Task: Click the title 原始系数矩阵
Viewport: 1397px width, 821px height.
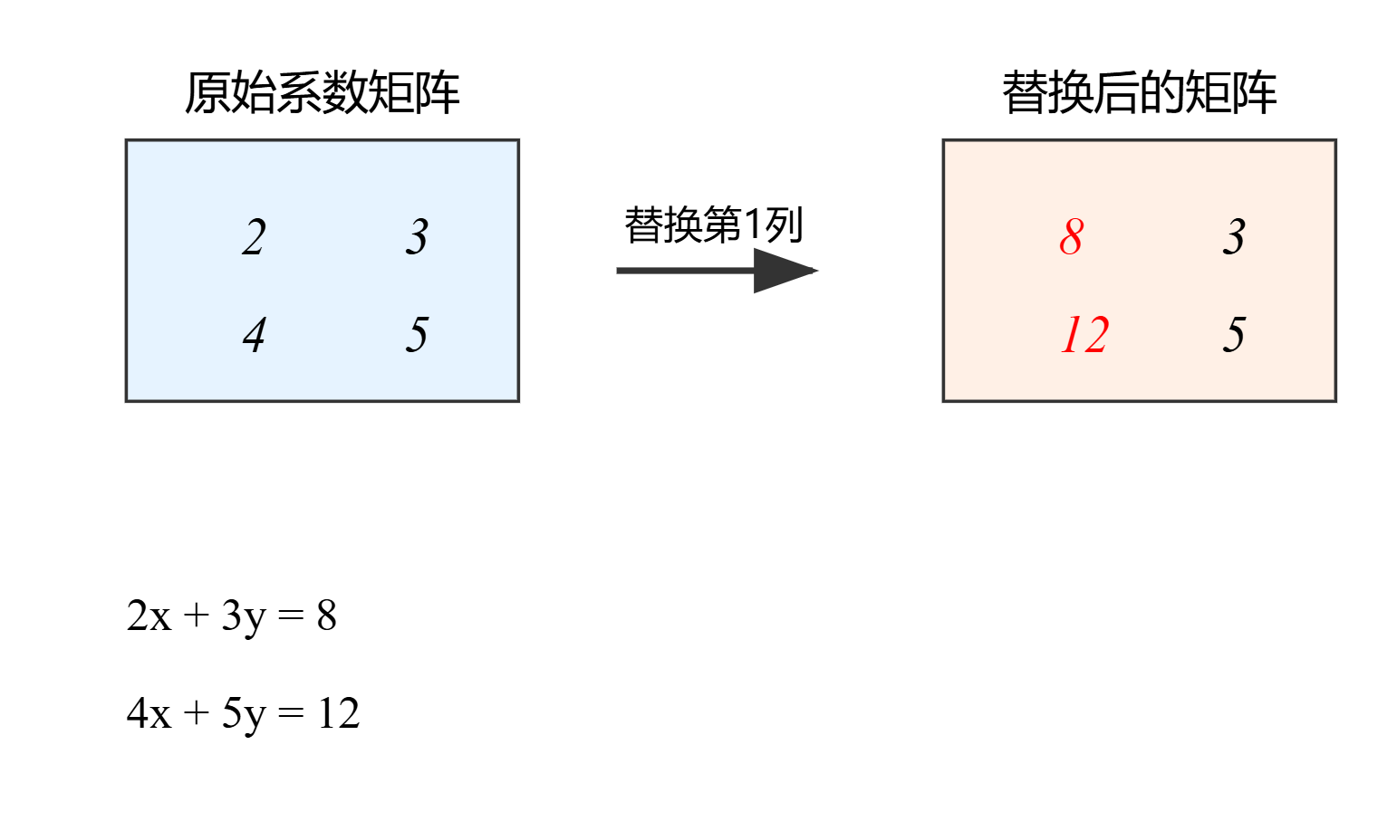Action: click(322, 93)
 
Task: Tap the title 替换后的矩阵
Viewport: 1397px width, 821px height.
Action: click(1139, 93)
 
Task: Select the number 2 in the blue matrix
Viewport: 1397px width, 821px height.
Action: click(254, 237)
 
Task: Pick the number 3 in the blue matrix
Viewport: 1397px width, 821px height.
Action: click(416, 237)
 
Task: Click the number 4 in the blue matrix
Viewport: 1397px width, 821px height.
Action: click(254, 335)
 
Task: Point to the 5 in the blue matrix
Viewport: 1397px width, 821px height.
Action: click(416, 335)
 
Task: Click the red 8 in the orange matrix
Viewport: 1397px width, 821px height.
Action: click(1071, 237)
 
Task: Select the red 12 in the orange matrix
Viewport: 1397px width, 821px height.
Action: click(1084, 335)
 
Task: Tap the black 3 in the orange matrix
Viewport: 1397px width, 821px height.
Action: click(1233, 237)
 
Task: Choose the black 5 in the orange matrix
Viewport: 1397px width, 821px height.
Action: click(1233, 335)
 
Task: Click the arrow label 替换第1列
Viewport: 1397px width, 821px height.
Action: click(713, 224)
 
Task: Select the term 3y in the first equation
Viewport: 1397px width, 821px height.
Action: click(244, 616)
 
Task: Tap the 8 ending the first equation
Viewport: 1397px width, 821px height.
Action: click(326, 616)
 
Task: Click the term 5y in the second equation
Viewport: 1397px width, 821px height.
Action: click(244, 713)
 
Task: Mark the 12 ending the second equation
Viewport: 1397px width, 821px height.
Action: click(339, 713)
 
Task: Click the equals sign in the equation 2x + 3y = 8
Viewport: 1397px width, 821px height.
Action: click(291, 617)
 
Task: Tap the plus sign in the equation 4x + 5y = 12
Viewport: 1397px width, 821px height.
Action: click(196, 713)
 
